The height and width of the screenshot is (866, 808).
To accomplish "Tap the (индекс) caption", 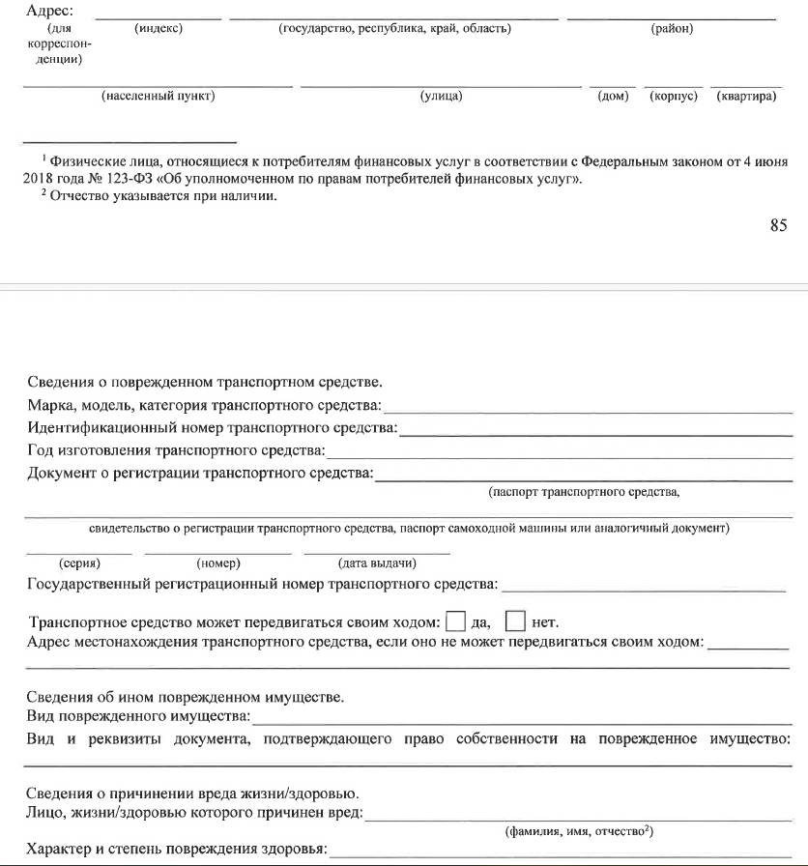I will (159, 28).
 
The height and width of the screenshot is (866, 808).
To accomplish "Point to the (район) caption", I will (672, 28).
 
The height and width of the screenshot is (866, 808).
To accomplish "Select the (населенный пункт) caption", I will (158, 97).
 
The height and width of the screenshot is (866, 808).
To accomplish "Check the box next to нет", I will (516, 621).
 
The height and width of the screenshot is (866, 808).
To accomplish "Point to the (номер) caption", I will (217, 563).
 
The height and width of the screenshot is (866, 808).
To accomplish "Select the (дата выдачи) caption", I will (376, 563).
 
